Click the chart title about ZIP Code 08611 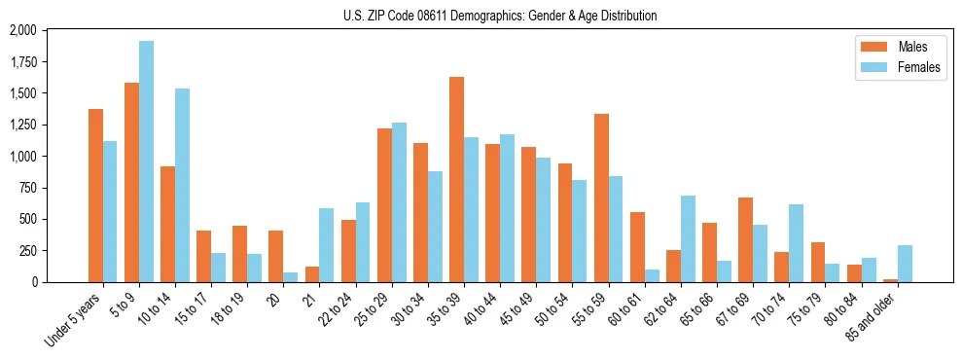[x=500, y=16]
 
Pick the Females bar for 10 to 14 [x=182, y=185]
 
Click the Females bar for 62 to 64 [x=688, y=238]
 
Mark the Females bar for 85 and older [x=905, y=264]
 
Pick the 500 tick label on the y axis [x=26, y=219]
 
